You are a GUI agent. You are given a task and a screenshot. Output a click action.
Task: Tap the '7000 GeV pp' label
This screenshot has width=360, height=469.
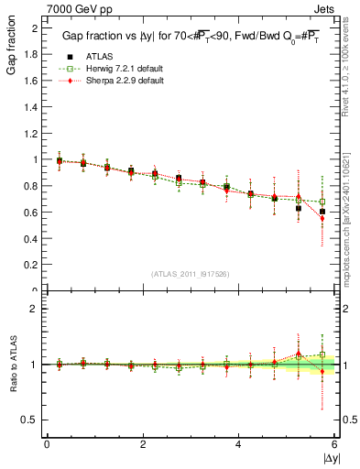tap(71, 7)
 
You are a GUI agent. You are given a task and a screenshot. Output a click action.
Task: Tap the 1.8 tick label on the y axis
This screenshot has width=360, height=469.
tap(31, 53)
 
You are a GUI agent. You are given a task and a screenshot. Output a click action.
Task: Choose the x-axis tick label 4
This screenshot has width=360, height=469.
tap(239, 444)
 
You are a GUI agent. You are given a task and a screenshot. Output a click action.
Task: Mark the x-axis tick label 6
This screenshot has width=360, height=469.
tap(334, 444)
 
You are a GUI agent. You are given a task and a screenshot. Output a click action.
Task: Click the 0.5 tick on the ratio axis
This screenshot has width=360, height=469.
tap(29, 420)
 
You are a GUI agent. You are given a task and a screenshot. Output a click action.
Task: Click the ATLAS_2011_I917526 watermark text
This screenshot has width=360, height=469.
tap(190, 274)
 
